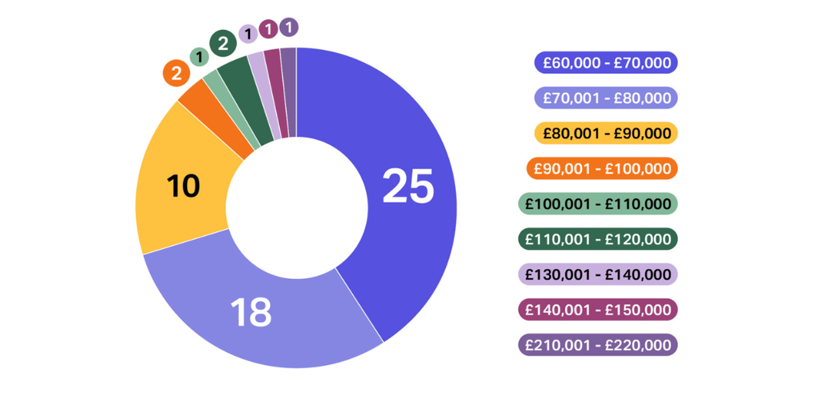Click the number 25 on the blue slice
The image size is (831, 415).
[x=408, y=187]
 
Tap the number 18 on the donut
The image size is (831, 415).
[x=251, y=312]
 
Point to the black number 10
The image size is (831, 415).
[x=183, y=187]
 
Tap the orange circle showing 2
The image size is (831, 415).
[x=176, y=73]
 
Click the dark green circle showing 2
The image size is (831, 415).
[x=223, y=44]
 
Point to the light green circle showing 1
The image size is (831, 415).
[x=200, y=57]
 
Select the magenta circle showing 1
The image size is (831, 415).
[x=268, y=29]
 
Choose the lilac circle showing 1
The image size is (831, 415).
[x=247, y=33]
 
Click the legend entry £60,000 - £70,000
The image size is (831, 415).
[x=606, y=63]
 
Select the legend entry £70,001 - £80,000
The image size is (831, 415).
[x=606, y=98]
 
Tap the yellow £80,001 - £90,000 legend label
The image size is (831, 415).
[x=606, y=133]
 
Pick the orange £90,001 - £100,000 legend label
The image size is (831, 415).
[x=606, y=169]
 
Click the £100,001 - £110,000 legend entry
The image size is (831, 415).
[x=598, y=204]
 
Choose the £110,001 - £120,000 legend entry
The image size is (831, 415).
[x=598, y=239]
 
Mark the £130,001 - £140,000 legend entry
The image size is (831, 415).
[x=598, y=274]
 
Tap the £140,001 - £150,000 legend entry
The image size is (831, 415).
[x=598, y=309]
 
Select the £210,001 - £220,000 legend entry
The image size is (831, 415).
[x=598, y=345]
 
